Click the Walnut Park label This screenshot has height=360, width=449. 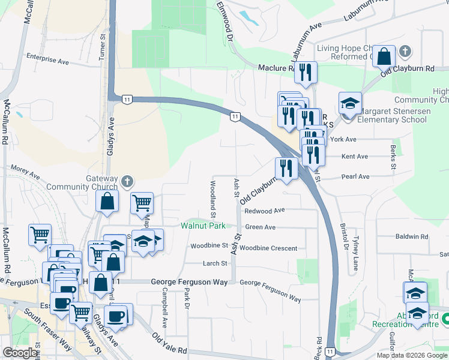[x=203, y=226]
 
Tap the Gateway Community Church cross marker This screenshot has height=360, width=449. [x=126, y=181]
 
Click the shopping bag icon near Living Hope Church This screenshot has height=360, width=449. [x=384, y=56]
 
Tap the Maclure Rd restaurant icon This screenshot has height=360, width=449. [x=306, y=73]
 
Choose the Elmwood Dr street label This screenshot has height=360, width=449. [x=226, y=20]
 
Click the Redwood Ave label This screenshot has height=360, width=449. [x=264, y=211]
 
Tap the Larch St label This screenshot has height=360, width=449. [x=215, y=263]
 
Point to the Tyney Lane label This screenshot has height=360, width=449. [x=355, y=253]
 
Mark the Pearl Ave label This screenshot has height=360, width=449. [x=355, y=177]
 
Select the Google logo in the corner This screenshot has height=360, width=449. [x=20, y=353]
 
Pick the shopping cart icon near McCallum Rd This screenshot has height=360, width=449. [x=40, y=235]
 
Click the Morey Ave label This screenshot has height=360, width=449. [x=24, y=173]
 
